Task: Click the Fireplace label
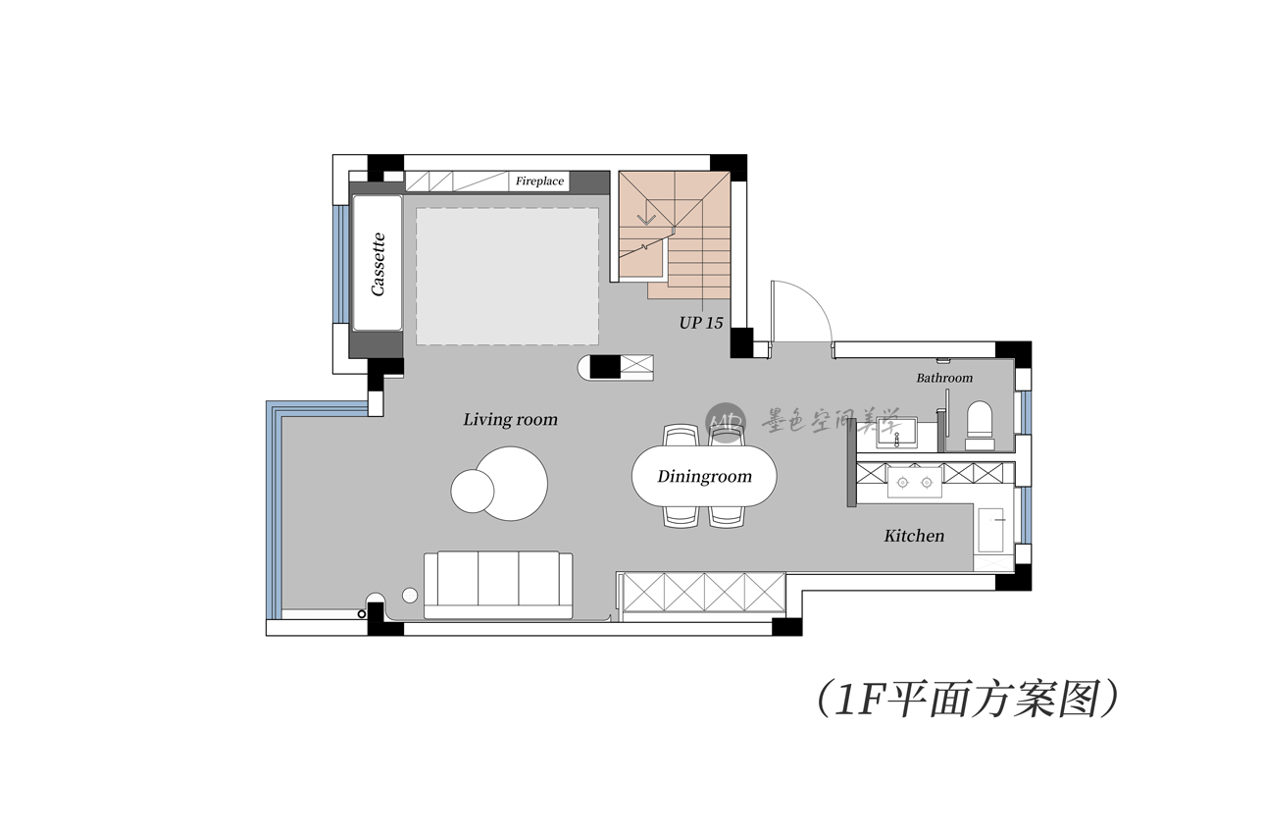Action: click(x=539, y=182)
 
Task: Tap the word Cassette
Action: click(x=378, y=264)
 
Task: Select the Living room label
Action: click(x=510, y=419)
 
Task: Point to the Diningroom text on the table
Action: click(x=704, y=476)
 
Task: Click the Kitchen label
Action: click(x=914, y=536)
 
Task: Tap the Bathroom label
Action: click(x=944, y=378)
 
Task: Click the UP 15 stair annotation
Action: click(x=701, y=323)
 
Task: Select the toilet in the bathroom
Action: click(x=980, y=425)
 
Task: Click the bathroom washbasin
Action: click(x=896, y=433)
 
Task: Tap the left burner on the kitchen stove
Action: click(x=903, y=482)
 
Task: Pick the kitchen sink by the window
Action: click(x=991, y=530)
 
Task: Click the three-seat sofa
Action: click(x=498, y=585)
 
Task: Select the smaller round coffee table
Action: click(x=473, y=491)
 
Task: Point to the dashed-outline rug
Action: click(x=508, y=276)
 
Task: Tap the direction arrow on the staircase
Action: click(x=646, y=219)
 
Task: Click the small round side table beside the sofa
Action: click(x=410, y=595)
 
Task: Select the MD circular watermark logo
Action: click(x=726, y=423)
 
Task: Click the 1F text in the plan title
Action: click(x=858, y=701)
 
